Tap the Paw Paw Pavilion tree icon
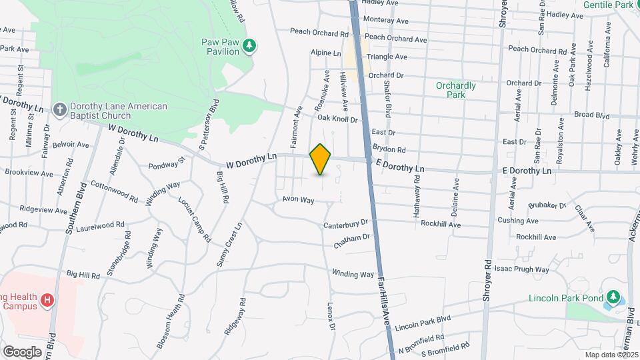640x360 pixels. [249, 46]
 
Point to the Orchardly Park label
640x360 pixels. [456, 90]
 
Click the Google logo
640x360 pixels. [22, 351]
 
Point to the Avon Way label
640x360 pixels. [298, 199]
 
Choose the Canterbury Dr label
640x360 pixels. [346, 224]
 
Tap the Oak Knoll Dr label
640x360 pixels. [337, 119]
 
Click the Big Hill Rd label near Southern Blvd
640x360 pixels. [83, 274]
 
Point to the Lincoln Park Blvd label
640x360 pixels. [423, 323]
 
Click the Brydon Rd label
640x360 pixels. [389, 150]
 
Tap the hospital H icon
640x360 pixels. [47, 301]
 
